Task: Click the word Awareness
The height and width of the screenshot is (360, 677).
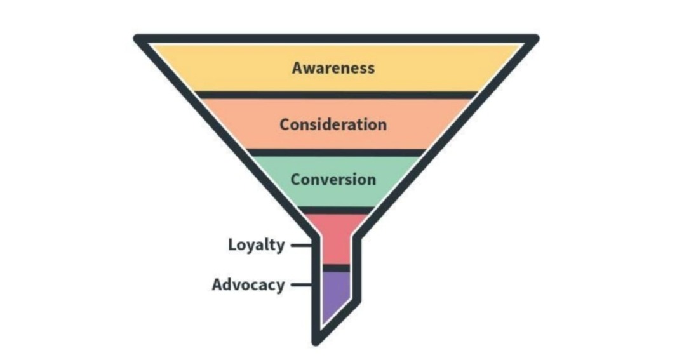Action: pyautogui.click(x=333, y=68)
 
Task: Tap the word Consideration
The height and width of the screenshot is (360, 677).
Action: pyautogui.click(x=333, y=124)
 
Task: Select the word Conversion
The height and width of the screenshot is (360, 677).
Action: pyautogui.click(x=333, y=180)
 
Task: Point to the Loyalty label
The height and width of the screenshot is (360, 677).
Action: pyautogui.click(x=257, y=245)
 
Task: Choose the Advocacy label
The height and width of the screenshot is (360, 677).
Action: pyautogui.click(x=248, y=284)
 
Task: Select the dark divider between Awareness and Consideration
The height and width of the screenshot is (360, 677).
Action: pyautogui.click(x=336, y=95)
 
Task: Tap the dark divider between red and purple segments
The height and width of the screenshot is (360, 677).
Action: pyautogui.click(x=336, y=269)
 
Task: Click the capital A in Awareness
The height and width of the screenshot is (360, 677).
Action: pyautogui.click(x=297, y=68)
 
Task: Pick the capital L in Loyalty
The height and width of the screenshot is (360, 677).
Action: pyautogui.click(x=232, y=245)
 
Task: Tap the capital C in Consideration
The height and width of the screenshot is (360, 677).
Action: pyautogui.click(x=284, y=124)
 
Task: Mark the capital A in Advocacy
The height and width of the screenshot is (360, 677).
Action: pyautogui.click(x=217, y=284)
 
